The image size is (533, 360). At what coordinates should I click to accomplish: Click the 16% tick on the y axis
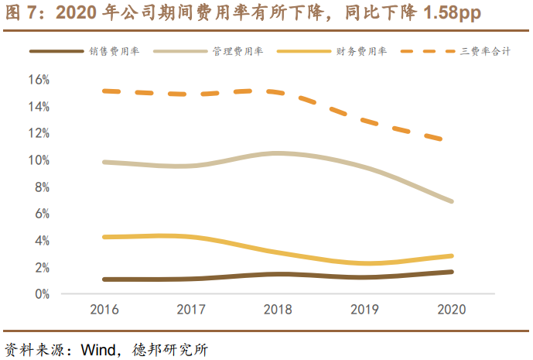pos(39,80)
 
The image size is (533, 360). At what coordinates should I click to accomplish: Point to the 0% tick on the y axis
pos(42,294)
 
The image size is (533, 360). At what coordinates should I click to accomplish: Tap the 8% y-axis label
pos(42,187)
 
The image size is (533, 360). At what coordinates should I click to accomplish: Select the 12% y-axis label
pos(39,133)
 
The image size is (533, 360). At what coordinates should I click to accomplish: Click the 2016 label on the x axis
pos(104,310)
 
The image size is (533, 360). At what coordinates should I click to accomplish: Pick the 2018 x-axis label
pos(278,310)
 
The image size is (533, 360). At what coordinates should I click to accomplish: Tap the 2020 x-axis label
pos(451,310)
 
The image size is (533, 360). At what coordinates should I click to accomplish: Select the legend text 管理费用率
pos(237,51)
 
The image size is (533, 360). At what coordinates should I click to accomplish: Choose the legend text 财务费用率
pos(361,51)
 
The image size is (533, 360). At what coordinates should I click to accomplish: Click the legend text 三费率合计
pos(486,51)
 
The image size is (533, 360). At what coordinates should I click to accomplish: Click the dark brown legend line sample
pos(56,51)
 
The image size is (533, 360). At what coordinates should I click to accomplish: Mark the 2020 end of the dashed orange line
pos(442,139)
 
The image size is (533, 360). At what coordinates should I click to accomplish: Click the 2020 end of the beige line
pos(451,201)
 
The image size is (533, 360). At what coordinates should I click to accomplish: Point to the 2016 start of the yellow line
pos(104,237)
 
